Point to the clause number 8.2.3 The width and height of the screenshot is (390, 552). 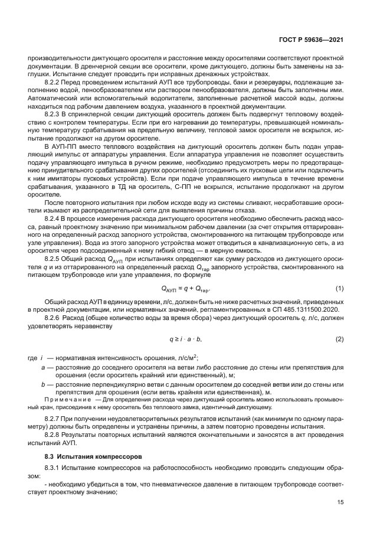pyautogui.click(x=54, y=112)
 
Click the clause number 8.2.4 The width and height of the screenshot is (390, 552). pyautogui.click(x=54, y=219)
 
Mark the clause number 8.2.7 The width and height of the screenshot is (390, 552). pyautogui.click(x=54, y=419)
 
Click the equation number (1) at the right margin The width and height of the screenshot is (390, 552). pyautogui.click(x=340, y=288)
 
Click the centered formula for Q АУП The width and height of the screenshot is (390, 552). pyautogui.click(x=186, y=289)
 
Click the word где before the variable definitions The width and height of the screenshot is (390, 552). pyautogui.click(x=33, y=358)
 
